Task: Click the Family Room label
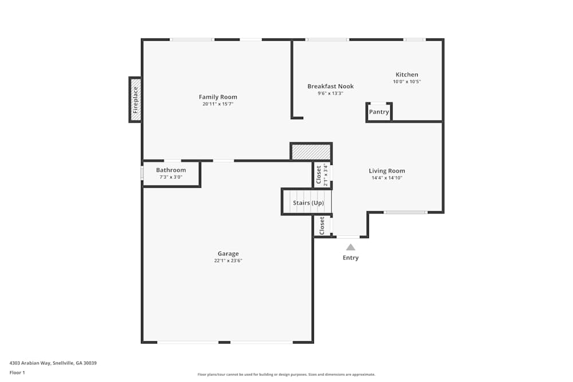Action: pyautogui.click(x=218, y=97)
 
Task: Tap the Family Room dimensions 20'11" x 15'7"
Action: pyautogui.click(x=218, y=104)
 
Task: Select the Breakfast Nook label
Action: pyautogui.click(x=331, y=86)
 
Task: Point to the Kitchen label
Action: pyautogui.click(x=407, y=74)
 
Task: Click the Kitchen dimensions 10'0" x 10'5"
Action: pyautogui.click(x=407, y=82)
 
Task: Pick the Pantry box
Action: pyautogui.click(x=379, y=112)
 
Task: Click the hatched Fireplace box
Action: pyautogui.click(x=135, y=100)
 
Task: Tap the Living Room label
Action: pyautogui.click(x=387, y=171)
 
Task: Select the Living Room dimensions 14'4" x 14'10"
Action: pyautogui.click(x=387, y=178)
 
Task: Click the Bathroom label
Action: pyautogui.click(x=171, y=170)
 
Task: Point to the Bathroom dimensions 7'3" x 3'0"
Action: pyautogui.click(x=171, y=177)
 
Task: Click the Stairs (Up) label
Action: pyautogui.click(x=308, y=203)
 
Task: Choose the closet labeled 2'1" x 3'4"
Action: pyautogui.click(x=322, y=175)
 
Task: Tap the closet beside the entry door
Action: pyautogui.click(x=322, y=226)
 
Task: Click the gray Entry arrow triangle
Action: pyautogui.click(x=351, y=247)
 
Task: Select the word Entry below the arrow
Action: pyautogui.click(x=351, y=258)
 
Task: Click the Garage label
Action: pyautogui.click(x=228, y=254)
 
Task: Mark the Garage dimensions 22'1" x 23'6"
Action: pyautogui.click(x=228, y=261)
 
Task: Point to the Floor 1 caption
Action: pyautogui.click(x=17, y=372)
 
